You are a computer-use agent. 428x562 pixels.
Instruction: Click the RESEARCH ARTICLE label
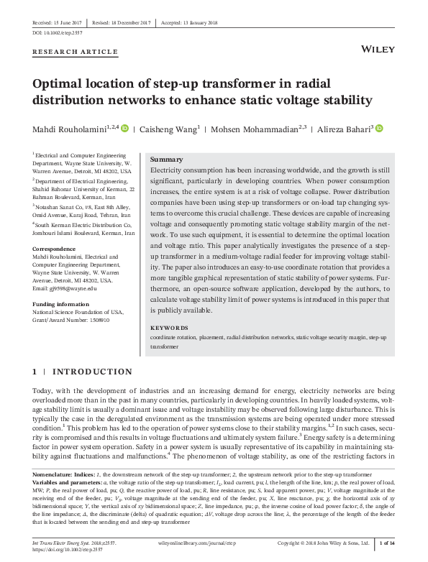tap(76, 52)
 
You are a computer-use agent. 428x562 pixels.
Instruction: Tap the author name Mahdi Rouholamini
tap(70, 129)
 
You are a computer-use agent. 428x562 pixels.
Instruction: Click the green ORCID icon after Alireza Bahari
tap(360, 129)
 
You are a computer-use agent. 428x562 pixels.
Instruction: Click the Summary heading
tap(166, 159)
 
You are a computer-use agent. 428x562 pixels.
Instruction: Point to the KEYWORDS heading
tap(169, 328)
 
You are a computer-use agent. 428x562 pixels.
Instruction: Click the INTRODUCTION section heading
tap(92, 372)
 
